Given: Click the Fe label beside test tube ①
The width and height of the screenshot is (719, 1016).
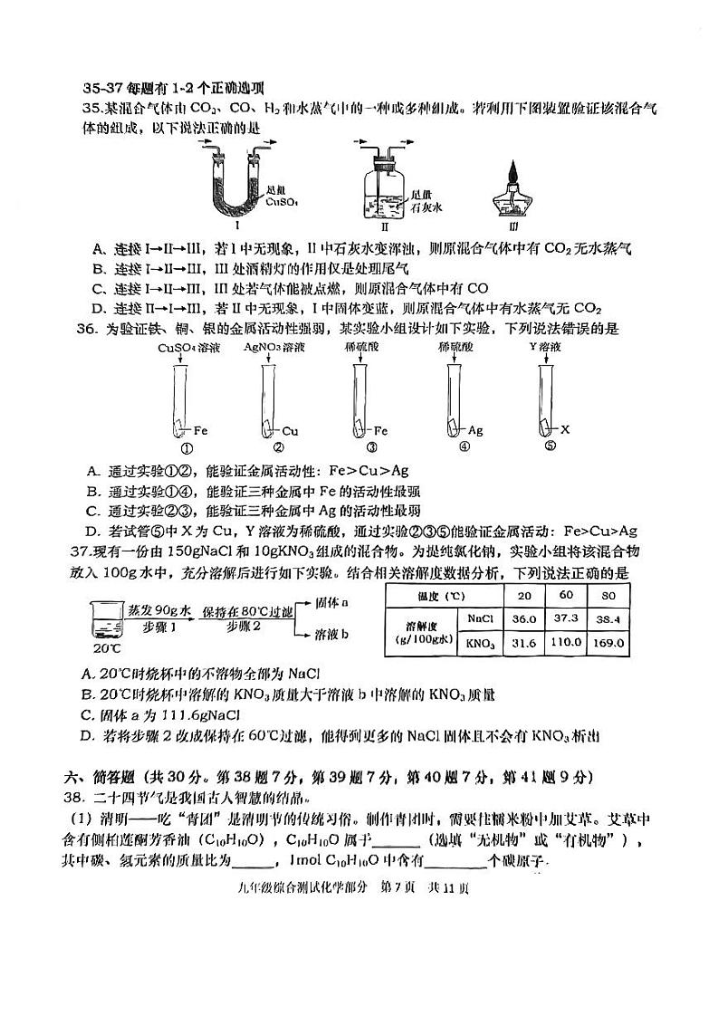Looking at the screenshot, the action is coord(201,431).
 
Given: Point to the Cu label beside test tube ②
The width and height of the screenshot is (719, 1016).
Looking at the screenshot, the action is coord(290,431).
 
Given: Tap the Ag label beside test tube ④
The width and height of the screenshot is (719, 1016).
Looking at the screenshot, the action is coord(475,431).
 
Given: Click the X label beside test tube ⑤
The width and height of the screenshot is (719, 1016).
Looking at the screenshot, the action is coord(565,430).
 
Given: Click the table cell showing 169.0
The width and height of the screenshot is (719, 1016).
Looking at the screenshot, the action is coord(609,643).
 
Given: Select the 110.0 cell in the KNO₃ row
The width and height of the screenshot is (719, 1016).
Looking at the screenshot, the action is coord(567,643).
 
